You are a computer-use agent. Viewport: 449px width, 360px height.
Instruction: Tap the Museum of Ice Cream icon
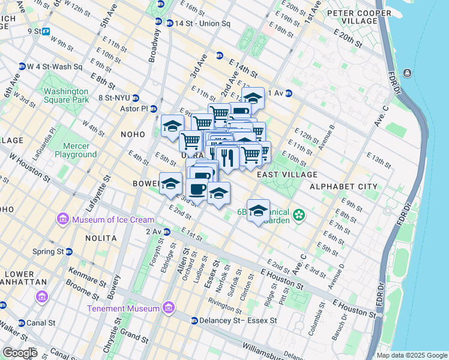point(63,220)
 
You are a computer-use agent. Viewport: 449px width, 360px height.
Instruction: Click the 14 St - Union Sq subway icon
point(158,22)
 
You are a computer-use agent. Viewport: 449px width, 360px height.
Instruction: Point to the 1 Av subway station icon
point(288,93)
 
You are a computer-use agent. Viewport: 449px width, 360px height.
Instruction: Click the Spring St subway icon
point(69,251)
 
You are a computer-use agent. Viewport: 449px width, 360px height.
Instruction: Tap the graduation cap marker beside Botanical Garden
point(258,211)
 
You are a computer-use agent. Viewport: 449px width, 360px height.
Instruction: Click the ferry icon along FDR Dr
point(408,73)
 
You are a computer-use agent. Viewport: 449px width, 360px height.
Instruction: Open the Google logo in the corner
point(20,352)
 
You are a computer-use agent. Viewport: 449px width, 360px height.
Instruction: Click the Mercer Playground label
point(76,150)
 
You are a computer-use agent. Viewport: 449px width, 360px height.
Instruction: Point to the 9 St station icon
point(46,31)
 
